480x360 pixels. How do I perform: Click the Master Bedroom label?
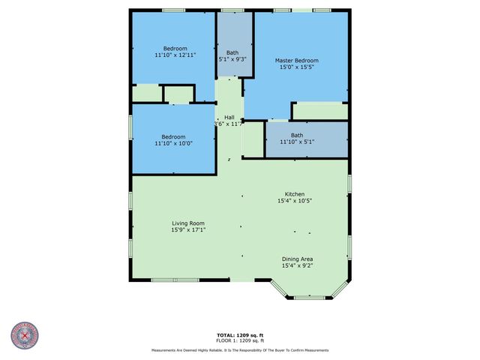point(296,61)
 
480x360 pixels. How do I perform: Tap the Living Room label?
point(188,223)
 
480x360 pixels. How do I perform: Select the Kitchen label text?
point(295,193)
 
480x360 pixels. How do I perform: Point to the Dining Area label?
point(297,259)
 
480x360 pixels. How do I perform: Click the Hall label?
point(229,117)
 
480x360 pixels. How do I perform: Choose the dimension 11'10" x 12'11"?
point(175,55)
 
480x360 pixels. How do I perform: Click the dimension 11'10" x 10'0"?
point(173,143)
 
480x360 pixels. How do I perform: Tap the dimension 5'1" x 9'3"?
point(232,58)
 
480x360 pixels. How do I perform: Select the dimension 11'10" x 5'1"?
point(297,142)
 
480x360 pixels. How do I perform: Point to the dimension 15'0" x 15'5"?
point(296,67)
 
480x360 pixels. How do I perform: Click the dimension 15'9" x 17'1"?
point(188,230)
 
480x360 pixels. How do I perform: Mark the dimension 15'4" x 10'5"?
point(295,200)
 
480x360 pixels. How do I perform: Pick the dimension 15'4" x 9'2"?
point(297,266)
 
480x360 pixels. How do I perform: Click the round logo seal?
point(24,336)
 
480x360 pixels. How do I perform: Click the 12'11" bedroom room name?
point(175,49)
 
